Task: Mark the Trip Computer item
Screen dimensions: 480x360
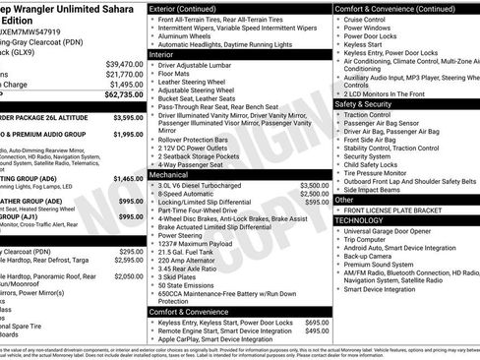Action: (x=372, y=240)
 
